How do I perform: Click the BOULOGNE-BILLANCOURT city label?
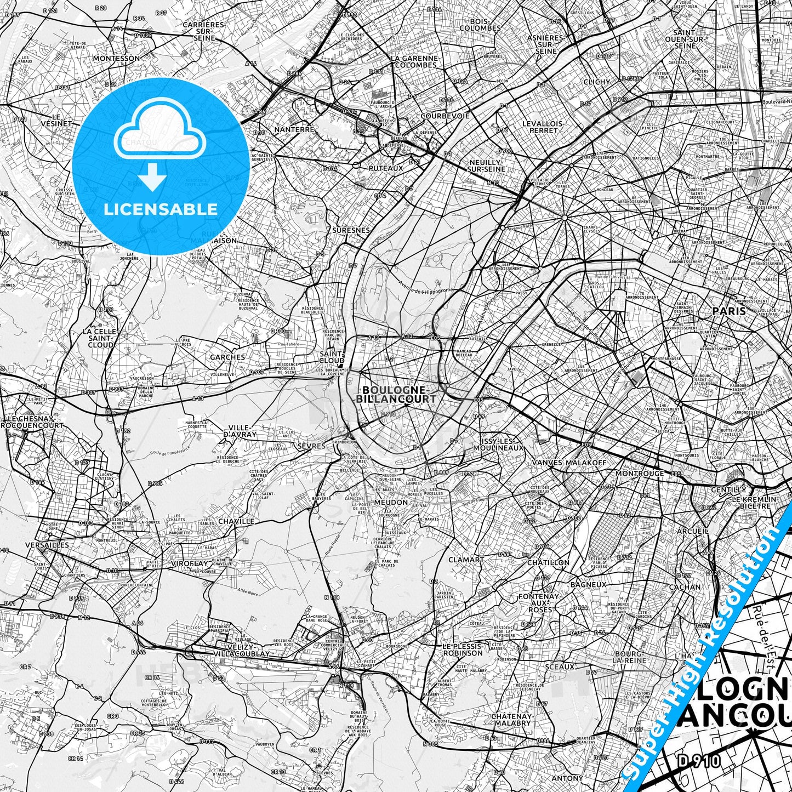pos(396,394)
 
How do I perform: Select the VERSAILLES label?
pos(47,545)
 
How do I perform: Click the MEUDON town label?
pos(391,502)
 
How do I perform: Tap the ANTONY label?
pos(567,778)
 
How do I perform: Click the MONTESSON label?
pos(116,58)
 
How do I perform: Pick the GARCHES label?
pos(227,357)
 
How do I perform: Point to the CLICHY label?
pos(597,82)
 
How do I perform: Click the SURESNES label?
pos(351,231)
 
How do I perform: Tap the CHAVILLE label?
pos(236,521)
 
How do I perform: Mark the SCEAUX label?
pos(560,667)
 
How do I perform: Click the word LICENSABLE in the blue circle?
pos(161,209)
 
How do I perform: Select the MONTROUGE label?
pos(640,473)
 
